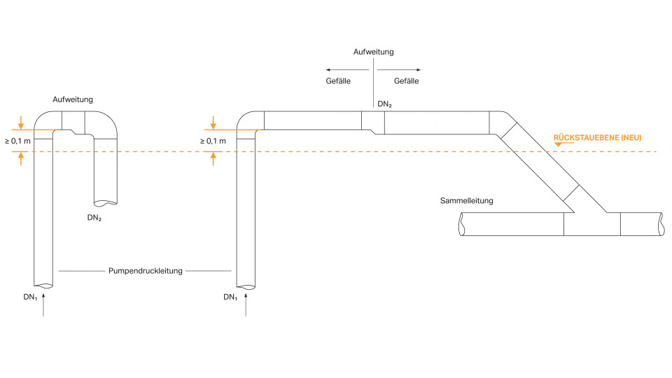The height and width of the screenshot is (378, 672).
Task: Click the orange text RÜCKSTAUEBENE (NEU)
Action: tap(597, 137)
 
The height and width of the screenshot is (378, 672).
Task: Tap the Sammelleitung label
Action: tap(467, 201)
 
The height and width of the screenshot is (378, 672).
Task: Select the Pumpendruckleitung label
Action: tap(145, 270)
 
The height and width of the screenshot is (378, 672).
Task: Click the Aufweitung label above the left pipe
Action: tap(73, 100)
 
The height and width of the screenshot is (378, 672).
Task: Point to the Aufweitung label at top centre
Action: tap(373, 52)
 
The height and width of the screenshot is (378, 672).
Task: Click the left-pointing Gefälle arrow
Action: tap(339, 70)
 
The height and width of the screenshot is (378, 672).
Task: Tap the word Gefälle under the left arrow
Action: tap(339, 81)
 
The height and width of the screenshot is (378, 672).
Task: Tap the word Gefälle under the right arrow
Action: tap(406, 81)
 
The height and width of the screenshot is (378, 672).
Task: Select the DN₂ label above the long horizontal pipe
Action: tap(384, 104)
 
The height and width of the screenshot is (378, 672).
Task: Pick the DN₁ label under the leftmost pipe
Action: tap(30, 297)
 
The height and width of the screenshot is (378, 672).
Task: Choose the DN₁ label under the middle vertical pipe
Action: tap(230, 297)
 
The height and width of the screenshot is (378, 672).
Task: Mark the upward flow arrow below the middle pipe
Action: tap(246, 305)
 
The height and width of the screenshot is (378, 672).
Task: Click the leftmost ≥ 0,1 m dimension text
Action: tap(17, 141)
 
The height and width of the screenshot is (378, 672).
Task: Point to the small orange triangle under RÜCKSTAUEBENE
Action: tap(558, 144)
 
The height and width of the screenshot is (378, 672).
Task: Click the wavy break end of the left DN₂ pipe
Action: tap(106, 203)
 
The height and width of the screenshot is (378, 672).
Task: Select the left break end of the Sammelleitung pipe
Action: tap(461, 224)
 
